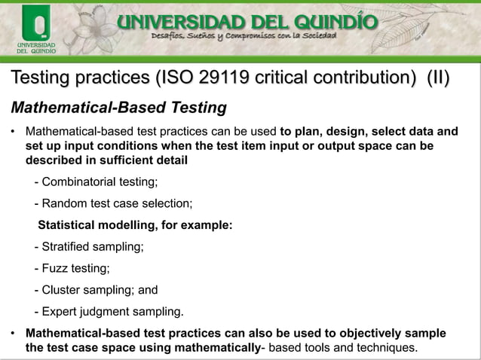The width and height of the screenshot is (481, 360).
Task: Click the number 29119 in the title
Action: click(x=224, y=78)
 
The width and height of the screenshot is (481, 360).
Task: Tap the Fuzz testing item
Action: click(x=72, y=268)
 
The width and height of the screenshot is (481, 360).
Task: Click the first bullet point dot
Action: click(x=12, y=131)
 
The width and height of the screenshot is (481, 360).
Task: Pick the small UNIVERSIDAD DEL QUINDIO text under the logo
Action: click(x=33, y=49)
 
